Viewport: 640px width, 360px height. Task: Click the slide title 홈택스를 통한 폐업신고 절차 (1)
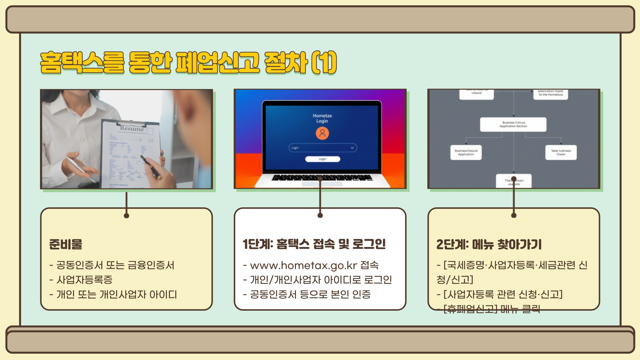(x=188, y=62)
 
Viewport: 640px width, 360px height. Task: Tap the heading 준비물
(x=66, y=244)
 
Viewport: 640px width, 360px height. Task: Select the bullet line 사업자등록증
(x=84, y=280)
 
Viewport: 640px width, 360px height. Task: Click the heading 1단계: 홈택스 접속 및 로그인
(x=314, y=244)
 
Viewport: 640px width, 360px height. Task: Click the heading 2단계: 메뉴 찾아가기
(x=489, y=244)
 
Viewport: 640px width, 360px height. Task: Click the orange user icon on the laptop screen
(x=322, y=133)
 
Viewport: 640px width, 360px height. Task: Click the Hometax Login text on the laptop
(x=322, y=118)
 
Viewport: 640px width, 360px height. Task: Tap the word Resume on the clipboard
(x=132, y=129)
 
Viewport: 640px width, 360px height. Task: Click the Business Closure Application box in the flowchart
(x=466, y=153)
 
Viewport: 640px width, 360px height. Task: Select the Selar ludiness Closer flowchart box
(x=561, y=153)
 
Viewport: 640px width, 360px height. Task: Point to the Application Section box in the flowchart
(x=513, y=125)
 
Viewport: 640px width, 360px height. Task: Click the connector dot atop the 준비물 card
(x=126, y=216)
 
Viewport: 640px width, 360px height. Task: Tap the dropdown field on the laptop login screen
(x=323, y=148)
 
